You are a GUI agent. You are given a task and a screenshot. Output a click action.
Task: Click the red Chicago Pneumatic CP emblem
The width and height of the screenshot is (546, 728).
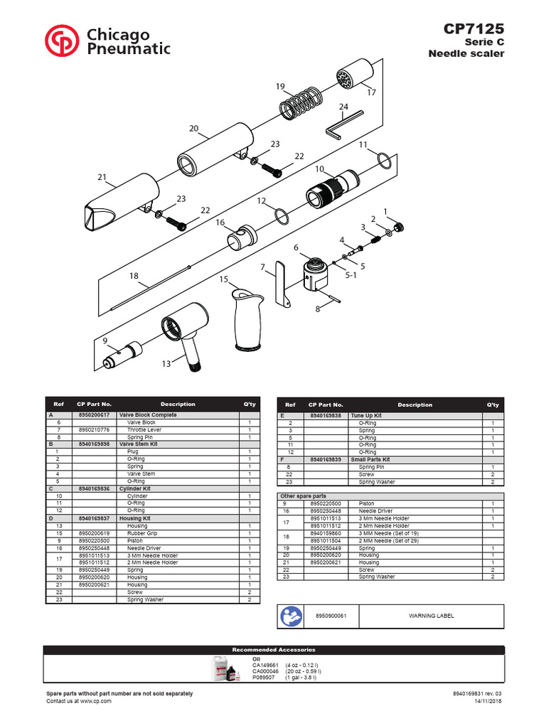click(x=63, y=41)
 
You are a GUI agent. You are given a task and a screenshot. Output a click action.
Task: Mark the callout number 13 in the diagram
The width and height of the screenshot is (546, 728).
click(x=166, y=364)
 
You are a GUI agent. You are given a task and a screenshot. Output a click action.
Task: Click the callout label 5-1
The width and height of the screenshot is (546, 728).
click(x=350, y=274)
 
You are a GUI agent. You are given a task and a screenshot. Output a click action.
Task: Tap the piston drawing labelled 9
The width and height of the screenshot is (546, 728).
click(x=124, y=348)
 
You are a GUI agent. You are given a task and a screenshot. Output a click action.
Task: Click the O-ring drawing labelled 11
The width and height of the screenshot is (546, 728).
click(x=381, y=161)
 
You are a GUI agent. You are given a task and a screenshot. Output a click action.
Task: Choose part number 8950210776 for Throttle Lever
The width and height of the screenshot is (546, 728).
click(x=94, y=429)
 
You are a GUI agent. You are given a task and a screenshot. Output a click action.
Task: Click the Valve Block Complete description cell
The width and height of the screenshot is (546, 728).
click(x=148, y=414)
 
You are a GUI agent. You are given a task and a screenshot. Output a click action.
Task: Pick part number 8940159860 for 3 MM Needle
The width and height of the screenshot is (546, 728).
click(x=326, y=532)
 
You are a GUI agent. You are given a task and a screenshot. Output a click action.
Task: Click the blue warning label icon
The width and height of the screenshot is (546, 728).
click(x=291, y=616)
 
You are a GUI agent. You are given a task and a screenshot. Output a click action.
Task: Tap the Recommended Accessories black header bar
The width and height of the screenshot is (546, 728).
click(x=273, y=650)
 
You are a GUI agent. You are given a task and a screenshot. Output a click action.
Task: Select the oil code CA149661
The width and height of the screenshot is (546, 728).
click(x=265, y=665)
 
